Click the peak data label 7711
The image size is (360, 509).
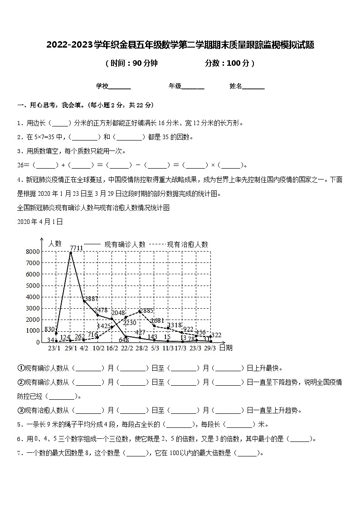[76, 247]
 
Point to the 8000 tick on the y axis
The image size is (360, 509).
[34, 252]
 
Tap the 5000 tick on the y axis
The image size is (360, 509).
[34, 286]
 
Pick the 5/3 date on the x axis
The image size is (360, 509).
[155, 348]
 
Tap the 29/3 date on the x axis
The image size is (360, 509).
[210, 348]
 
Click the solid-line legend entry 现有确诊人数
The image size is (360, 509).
[125, 244]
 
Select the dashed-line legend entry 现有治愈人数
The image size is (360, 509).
[187, 244]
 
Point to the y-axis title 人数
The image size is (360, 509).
[55, 243]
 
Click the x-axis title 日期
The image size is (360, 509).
[225, 348]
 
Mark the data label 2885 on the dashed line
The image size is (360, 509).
[146, 311]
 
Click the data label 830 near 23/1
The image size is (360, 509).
[50, 330]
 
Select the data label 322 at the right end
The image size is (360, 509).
[216, 334]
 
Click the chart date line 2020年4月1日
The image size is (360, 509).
[40, 222]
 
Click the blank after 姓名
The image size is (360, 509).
[253, 86]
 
